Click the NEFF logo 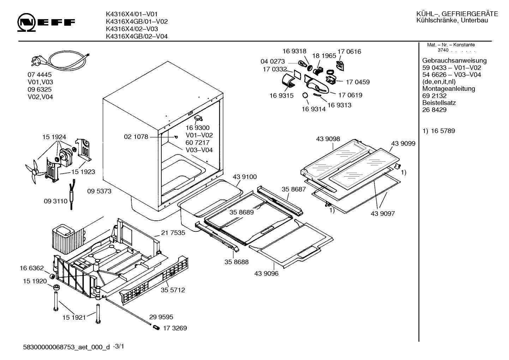(x=46, y=22)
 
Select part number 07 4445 (x=40, y=75)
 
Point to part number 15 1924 (x=54, y=137)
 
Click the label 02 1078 (x=136, y=137)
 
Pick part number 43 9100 (x=245, y=177)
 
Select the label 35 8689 (x=241, y=212)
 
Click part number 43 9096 (x=266, y=273)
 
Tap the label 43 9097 (x=383, y=213)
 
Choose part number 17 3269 (x=175, y=328)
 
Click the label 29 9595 (x=161, y=317)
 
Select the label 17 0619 (x=350, y=95)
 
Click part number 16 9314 (x=313, y=109)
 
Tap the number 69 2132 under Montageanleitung (x=434, y=96)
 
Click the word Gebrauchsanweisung (x=454, y=60)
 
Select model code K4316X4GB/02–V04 (x=137, y=36)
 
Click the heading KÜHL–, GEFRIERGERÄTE (x=457, y=14)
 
